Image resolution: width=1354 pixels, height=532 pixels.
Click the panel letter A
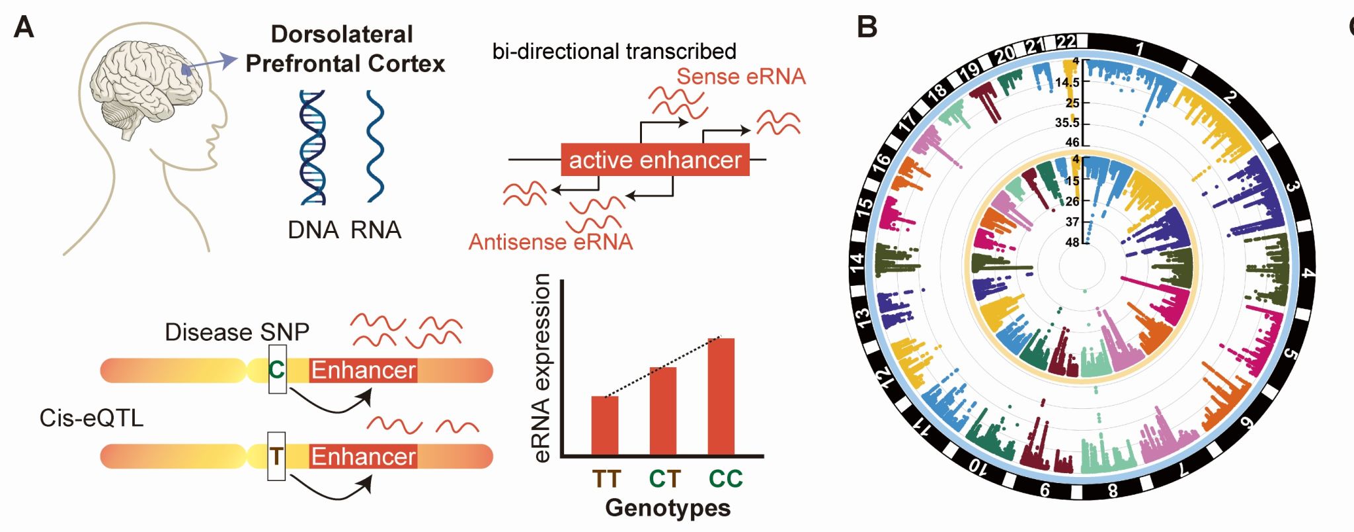pos(24,28)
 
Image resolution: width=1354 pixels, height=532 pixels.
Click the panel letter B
pos(867,28)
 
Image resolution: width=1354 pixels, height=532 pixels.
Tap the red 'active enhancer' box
pos(655,159)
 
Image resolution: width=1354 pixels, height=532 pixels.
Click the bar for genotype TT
pos(604,425)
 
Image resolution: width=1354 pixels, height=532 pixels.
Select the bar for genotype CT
pos(662,411)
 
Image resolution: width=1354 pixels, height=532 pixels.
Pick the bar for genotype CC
pos(721,396)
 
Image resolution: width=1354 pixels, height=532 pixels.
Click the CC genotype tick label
pos(725,478)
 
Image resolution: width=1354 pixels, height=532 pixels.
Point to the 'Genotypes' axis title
pos(668,508)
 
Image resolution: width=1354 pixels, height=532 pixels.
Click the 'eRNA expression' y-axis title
pos(541,368)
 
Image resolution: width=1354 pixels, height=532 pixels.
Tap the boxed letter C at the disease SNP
pos(277,369)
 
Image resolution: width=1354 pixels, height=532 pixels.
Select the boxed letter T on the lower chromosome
pos(276,456)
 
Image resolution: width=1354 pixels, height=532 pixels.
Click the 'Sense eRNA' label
pos(740,77)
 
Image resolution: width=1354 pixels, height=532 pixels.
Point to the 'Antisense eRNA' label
pos(550,242)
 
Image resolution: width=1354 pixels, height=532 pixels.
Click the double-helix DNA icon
pos(312,148)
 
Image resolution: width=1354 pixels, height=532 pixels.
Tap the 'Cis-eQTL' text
pos(91,418)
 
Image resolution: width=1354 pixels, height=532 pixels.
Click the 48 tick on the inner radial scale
pos(1072,242)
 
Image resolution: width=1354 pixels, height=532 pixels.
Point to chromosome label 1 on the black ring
pos(1139,49)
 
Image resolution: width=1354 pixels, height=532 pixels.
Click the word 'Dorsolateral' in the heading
pos(342,34)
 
